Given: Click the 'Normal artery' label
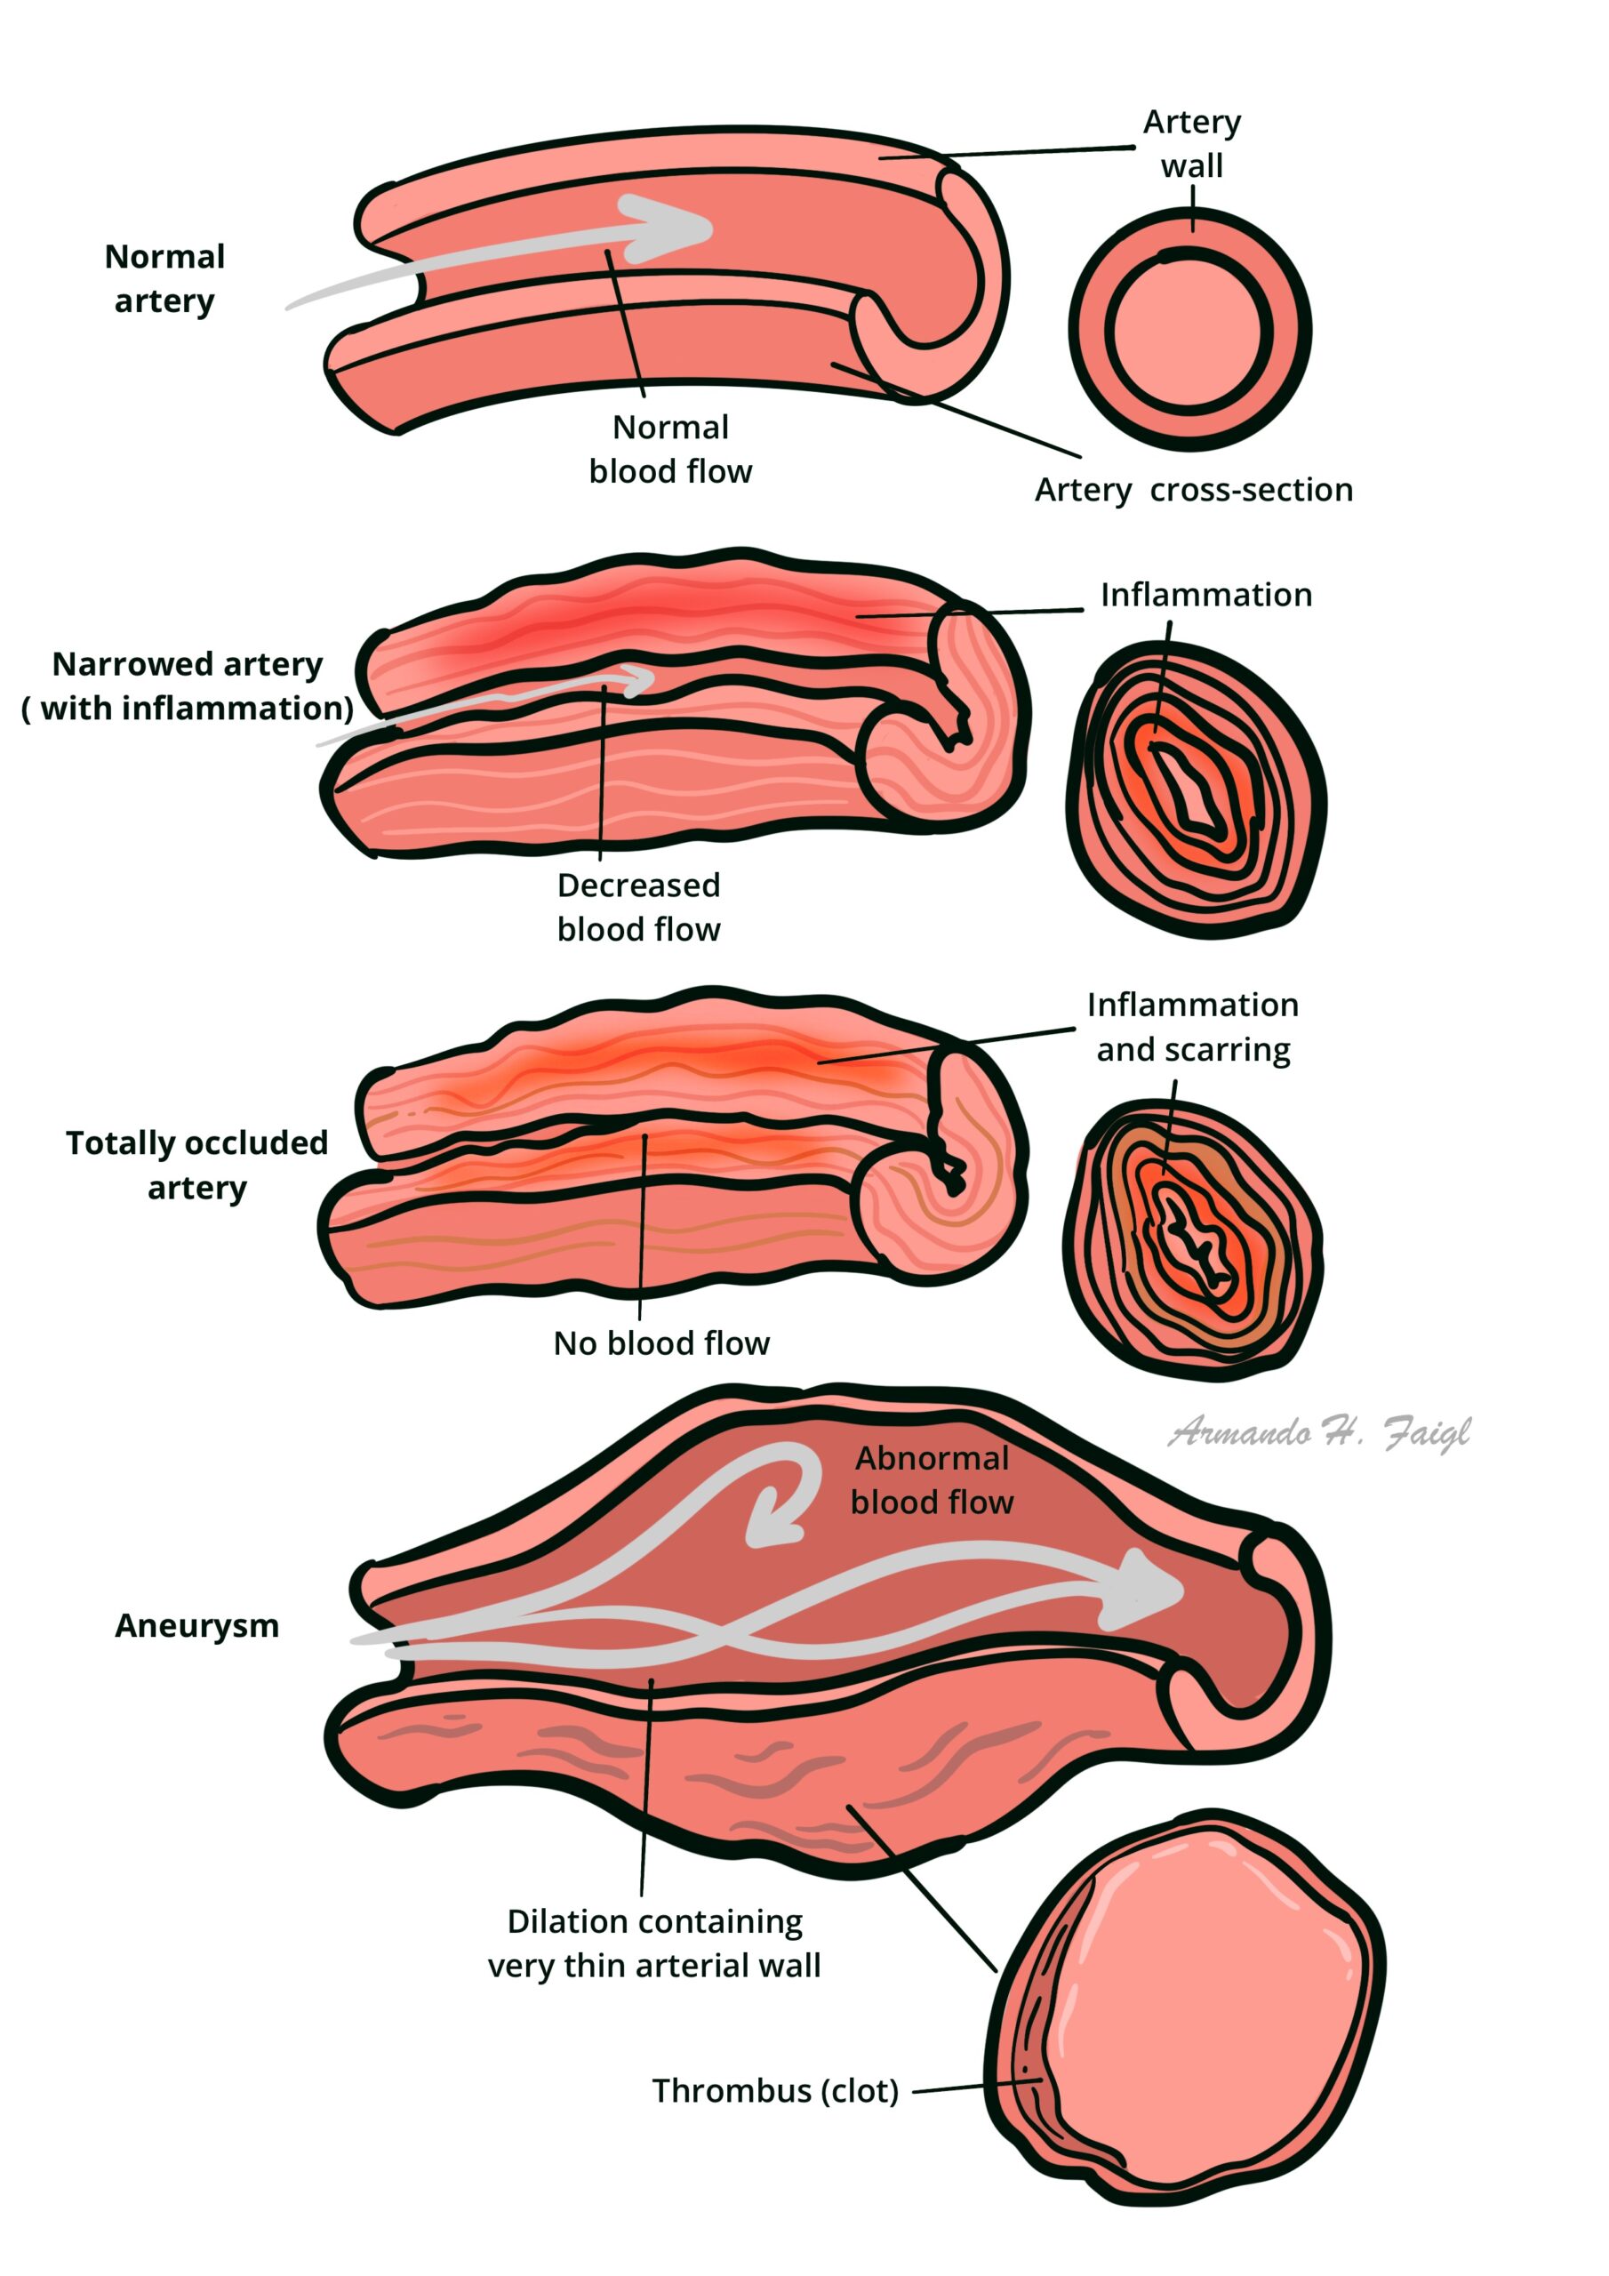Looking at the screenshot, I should click(x=164, y=278).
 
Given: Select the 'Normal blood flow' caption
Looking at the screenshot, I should click(x=670, y=449).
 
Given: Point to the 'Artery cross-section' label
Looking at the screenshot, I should click(x=1194, y=490).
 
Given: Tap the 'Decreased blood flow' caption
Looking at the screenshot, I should click(x=638, y=907).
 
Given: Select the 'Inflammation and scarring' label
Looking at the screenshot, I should click(x=1193, y=1027).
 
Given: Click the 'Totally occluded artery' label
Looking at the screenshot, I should click(x=197, y=1165).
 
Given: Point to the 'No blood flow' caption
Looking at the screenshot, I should click(x=661, y=1343).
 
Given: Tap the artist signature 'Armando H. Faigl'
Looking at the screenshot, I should click(x=1318, y=1432).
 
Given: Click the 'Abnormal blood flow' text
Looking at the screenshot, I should click(x=932, y=1480).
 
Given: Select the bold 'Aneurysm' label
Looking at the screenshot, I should click(x=197, y=1626).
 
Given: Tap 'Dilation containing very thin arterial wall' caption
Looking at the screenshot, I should click(x=654, y=1943).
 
